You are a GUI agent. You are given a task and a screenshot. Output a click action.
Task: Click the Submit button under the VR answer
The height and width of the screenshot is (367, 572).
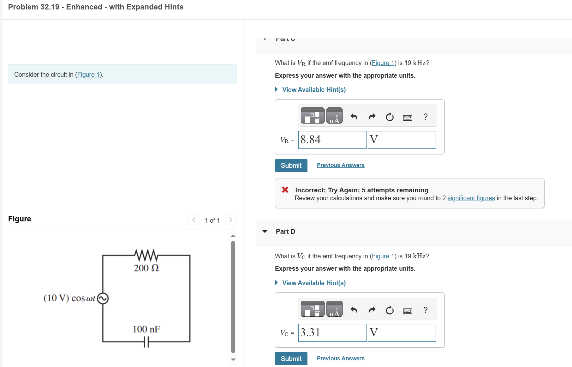point(291,165)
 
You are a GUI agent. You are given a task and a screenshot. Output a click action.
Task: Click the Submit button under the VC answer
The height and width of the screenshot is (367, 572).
point(291,359)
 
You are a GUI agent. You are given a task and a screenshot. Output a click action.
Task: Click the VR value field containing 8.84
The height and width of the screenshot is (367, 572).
point(332,140)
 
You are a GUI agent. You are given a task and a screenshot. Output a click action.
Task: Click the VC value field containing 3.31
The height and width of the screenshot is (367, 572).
point(332,333)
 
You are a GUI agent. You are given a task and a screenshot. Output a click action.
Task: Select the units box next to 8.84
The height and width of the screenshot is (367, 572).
point(402,140)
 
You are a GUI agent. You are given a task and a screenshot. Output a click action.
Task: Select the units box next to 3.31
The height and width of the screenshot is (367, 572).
point(402,333)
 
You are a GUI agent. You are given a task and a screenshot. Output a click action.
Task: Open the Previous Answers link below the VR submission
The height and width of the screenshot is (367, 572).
point(340,165)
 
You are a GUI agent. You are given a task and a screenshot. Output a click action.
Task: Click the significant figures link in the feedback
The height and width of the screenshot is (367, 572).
point(471,198)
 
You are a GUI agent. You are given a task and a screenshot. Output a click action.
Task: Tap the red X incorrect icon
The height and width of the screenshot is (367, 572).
point(285,190)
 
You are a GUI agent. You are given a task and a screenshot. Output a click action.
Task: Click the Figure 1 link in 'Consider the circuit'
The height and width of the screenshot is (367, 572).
point(88,75)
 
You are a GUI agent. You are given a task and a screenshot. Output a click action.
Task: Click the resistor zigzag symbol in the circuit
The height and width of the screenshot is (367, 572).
point(146,255)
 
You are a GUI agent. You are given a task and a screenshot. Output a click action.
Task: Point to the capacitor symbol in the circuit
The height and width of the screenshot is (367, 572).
point(146,342)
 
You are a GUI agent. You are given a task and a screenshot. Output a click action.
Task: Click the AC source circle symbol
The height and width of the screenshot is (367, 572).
point(103,298)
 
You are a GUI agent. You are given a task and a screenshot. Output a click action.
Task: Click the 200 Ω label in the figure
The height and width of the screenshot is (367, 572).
point(146,268)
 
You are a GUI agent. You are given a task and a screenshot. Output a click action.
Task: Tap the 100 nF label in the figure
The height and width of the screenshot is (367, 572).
point(146,329)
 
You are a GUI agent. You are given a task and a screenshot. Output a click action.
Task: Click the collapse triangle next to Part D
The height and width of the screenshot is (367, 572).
point(265,232)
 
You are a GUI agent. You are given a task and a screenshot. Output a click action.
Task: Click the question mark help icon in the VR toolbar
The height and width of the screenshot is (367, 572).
point(425,117)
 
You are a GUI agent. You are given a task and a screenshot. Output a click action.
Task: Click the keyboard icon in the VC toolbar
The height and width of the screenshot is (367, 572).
point(407,311)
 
